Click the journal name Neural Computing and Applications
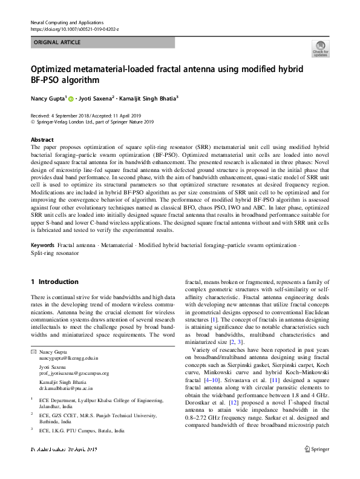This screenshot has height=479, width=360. tap(67, 21)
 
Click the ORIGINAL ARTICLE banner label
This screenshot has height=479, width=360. tap(57, 43)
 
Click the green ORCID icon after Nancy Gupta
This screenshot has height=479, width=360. tap(71, 98)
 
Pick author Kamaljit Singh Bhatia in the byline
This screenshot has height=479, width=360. tap(150, 97)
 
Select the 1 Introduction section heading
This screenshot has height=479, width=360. tap(54, 282)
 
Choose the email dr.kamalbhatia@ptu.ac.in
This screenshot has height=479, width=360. tap(68, 388)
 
